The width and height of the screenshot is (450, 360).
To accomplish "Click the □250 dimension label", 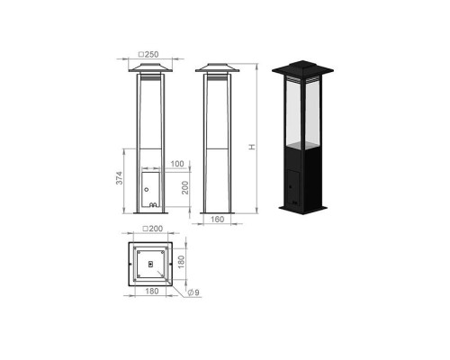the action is (148, 55).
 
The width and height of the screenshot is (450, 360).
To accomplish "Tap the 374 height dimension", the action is (120, 178).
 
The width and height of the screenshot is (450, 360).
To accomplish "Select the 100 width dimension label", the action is (177, 164).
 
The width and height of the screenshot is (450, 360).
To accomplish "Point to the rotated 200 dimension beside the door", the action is (185, 187).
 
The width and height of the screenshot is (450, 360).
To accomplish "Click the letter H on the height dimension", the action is (252, 147).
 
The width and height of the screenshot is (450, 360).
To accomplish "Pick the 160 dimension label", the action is (217, 220).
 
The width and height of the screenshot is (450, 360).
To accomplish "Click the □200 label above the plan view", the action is (152, 229).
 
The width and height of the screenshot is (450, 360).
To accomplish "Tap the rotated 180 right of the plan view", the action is (181, 262).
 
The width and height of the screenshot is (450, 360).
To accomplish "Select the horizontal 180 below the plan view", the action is (152, 291).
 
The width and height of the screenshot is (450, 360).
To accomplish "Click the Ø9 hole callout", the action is (193, 292).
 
